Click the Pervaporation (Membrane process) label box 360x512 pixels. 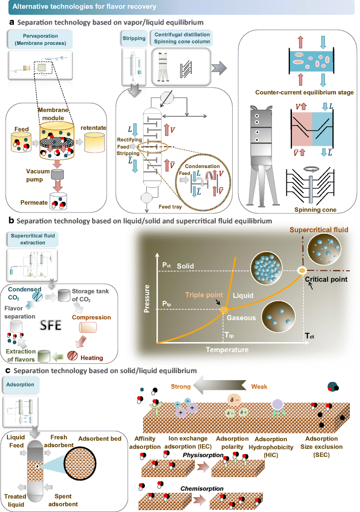coord(40,39)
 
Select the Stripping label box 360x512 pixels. coord(134,38)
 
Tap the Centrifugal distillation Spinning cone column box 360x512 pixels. coord(182,38)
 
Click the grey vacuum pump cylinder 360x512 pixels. coord(57,175)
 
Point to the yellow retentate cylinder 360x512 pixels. coord(94,143)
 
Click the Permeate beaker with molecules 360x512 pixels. coord(58,201)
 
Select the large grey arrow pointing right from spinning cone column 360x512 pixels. coord(219,68)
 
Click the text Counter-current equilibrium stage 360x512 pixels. coord(304,93)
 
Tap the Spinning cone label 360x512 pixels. coord(315,210)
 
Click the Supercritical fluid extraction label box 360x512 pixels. coord(33,239)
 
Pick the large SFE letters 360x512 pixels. coord(50,325)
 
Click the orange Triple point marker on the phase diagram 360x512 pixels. coord(224,310)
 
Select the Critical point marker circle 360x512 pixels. coord(302,270)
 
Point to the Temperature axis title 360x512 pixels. coord(227,350)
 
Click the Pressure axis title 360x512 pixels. coord(147,299)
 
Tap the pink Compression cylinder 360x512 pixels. coord(88,327)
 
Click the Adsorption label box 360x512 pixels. coord(20,385)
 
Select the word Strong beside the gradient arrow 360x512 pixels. coord(180,387)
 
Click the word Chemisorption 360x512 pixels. coord(202,488)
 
